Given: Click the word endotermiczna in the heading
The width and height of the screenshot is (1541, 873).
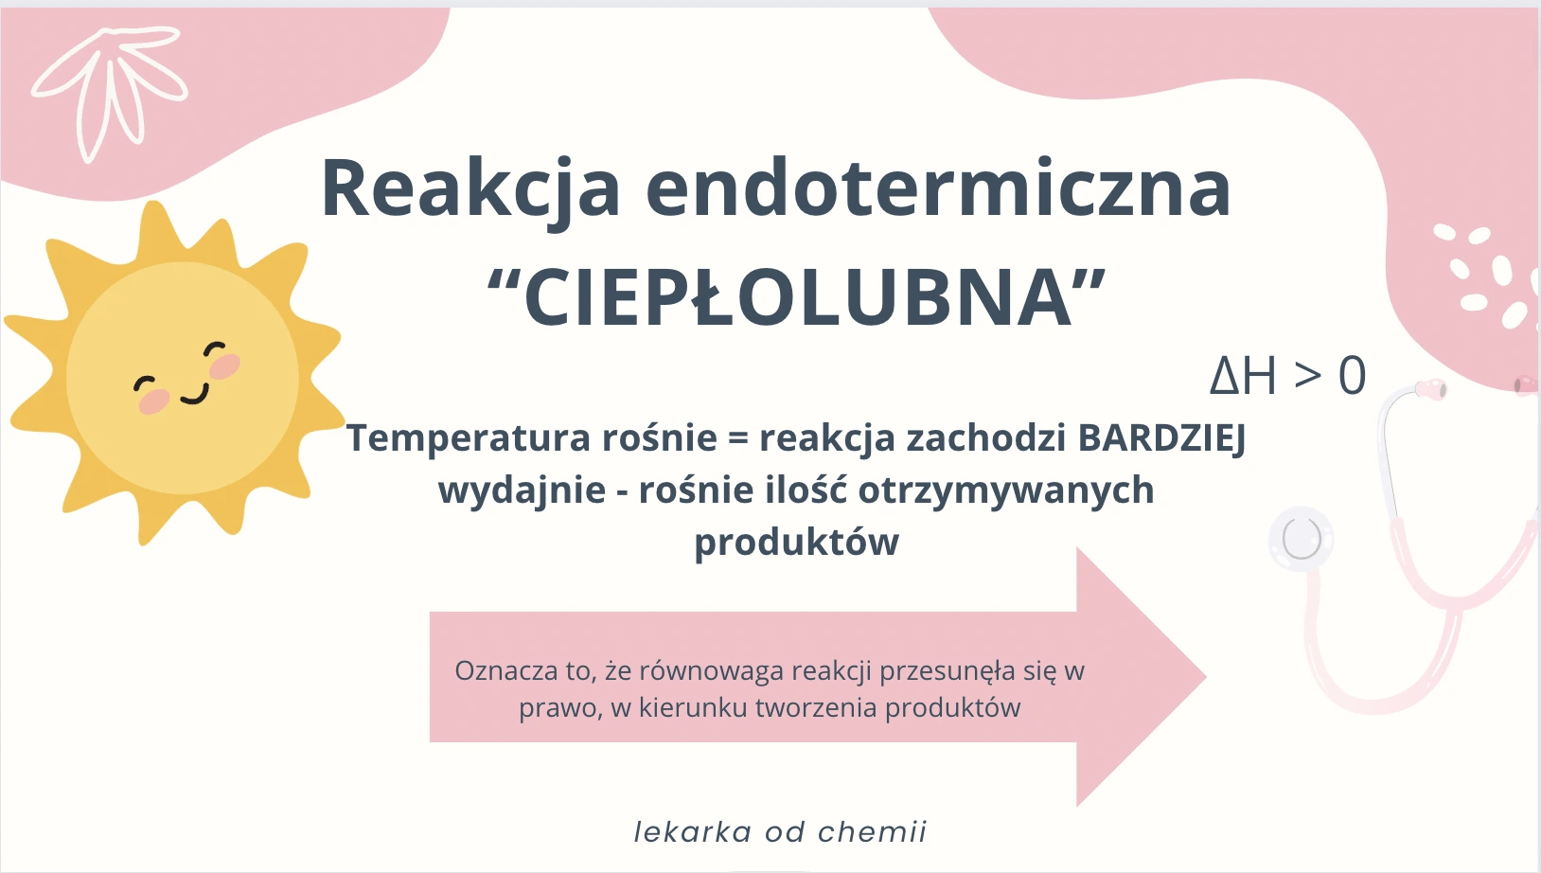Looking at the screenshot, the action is [938, 187].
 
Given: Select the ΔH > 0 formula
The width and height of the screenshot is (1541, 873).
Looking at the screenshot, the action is [1287, 376].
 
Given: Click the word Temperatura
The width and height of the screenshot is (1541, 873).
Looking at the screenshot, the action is [469, 437].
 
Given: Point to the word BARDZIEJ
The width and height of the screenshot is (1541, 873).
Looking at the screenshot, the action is [1162, 439].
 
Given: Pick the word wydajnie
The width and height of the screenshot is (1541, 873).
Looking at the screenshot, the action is [523, 490].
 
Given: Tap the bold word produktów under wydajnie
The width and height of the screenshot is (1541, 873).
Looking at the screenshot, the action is [797, 543].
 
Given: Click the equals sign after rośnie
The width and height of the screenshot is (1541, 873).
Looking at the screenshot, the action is [737, 437].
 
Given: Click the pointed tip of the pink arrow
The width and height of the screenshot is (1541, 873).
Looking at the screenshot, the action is [1205, 677].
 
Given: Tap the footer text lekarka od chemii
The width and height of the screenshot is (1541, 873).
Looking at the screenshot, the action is [780, 831].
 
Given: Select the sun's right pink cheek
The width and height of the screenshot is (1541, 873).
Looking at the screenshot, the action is [225, 366].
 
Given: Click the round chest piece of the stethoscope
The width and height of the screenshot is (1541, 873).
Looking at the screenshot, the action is [1301, 539].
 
